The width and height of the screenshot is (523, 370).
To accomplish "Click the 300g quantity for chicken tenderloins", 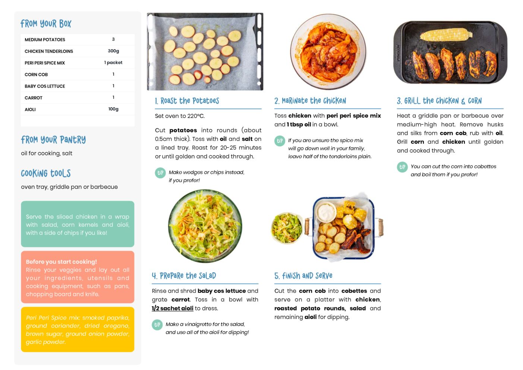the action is [113, 51].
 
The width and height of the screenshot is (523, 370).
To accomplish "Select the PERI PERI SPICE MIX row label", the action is [45, 63].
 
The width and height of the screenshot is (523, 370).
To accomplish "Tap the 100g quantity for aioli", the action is [113, 109].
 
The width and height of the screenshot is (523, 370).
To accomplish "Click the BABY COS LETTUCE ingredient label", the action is [45, 86].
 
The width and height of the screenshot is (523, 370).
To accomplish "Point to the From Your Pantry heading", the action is [53, 140].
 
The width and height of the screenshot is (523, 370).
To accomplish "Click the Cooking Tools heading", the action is [46, 173].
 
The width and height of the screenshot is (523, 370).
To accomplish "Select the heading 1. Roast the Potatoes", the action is [187, 101].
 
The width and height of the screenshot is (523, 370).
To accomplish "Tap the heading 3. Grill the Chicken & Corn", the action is [439, 101].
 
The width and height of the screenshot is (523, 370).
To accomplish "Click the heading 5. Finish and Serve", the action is [303, 276].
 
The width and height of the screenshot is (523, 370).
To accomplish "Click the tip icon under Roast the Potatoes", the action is [160, 173].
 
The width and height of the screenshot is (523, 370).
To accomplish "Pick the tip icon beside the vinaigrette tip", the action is [157, 325].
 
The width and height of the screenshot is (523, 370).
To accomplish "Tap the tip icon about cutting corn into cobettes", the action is [402, 167].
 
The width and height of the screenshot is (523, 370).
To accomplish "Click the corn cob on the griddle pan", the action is [446, 35].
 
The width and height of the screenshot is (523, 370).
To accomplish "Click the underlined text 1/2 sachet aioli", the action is [173, 308].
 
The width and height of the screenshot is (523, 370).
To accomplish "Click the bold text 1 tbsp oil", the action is [299, 125].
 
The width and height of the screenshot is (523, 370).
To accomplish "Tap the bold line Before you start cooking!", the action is [61, 262].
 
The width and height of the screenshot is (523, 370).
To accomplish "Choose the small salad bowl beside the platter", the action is [287, 228].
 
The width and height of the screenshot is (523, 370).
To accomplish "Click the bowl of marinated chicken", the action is [328, 51].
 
